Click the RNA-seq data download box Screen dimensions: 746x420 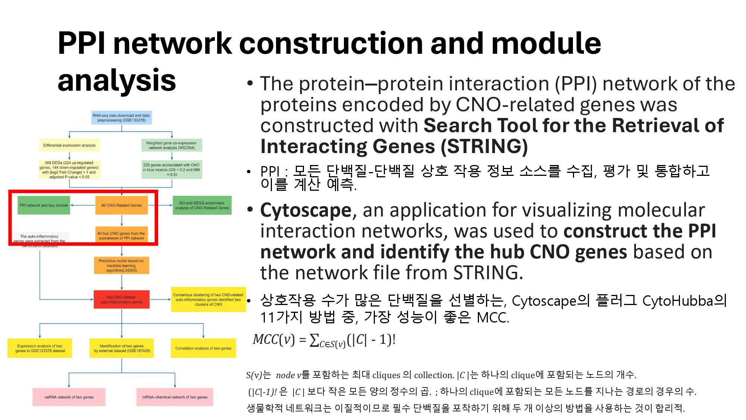click(121, 118)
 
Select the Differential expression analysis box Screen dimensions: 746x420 click(69, 145)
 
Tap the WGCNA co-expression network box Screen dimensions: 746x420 click(172, 145)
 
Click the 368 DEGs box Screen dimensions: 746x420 click(69, 170)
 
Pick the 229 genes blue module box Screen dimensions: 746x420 click(172, 169)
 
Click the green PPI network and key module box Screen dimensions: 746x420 click(44, 205)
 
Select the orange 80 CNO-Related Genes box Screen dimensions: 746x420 click(122, 205)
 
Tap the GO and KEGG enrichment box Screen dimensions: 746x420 click(202, 205)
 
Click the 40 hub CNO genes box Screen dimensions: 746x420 click(122, 236)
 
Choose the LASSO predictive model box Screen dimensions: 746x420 click(122, 265)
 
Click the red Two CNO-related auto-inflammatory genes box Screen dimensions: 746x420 click(122, 299)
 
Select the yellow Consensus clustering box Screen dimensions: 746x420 click(208, 299)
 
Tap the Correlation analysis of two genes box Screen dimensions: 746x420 click(203, 348)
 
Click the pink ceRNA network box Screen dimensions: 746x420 click(69, 397)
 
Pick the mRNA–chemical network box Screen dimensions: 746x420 click(175, 397)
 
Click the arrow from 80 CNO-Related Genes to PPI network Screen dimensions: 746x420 click(83, 205)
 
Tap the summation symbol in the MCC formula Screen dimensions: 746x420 click(314, 340)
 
